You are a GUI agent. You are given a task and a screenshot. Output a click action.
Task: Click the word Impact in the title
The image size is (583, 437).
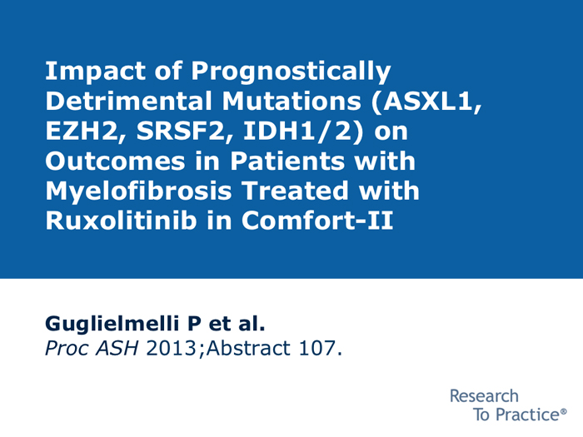coord(95,72)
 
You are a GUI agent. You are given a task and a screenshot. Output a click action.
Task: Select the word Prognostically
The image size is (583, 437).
coord(291,72)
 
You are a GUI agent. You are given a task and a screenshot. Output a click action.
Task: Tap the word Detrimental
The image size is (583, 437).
coord(128,101)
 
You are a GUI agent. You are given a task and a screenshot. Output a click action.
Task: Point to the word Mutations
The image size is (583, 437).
coord(291,101)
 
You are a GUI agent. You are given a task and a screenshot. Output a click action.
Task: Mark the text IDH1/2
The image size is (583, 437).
coord(302,132)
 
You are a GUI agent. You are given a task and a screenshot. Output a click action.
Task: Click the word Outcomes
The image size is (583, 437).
coord(115,161)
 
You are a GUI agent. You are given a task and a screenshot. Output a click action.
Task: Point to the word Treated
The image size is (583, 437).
coord(295,191)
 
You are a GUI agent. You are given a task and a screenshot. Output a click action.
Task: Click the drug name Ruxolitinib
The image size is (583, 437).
coord(121,221)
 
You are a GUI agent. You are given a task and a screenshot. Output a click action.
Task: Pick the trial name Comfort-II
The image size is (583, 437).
coord(317,221)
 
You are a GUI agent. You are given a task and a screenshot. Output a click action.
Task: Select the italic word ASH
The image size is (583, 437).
coord(117,348)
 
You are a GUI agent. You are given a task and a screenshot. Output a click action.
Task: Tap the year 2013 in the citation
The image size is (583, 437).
coord(172,348)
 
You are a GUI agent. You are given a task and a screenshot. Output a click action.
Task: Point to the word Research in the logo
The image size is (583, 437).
coord(484,396)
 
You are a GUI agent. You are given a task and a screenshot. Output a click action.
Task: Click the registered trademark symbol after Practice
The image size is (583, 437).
coord(564,412)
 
